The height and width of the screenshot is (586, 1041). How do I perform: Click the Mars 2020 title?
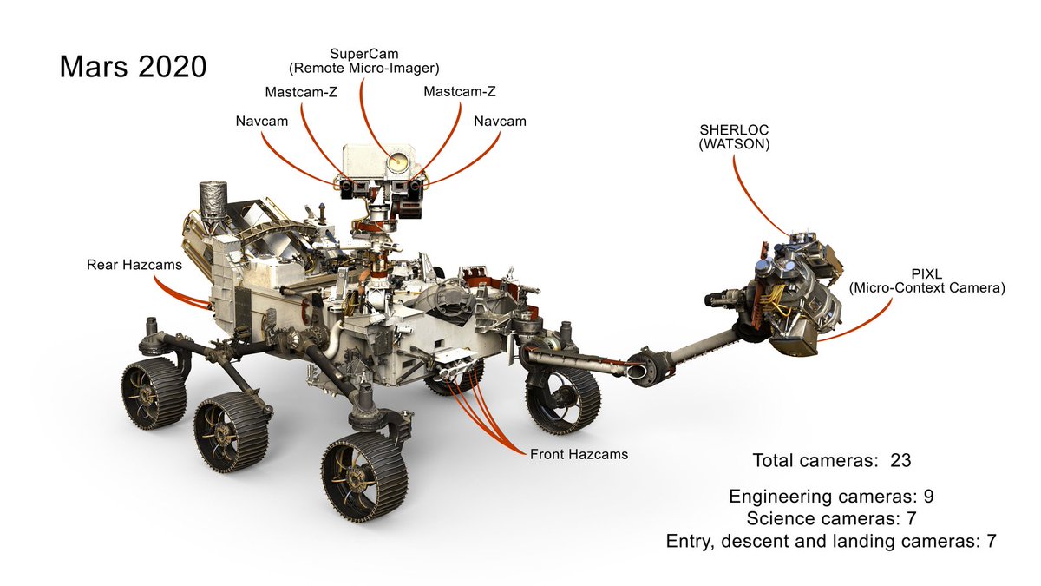click(133, 67)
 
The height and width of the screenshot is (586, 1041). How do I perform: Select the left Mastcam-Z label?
click(301, 92)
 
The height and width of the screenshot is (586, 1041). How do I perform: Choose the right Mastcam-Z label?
click(460, 92)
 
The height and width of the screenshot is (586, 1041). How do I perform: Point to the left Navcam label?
click(262, 122)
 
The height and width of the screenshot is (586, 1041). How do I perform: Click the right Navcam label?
click(500, 122)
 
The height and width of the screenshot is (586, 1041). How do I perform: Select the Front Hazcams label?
click(579, 454)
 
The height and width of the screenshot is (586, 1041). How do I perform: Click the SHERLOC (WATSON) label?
click(734, 138)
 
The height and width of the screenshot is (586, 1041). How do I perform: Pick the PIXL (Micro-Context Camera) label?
click(927, 280)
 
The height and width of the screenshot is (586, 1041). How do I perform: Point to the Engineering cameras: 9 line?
click(830, 497)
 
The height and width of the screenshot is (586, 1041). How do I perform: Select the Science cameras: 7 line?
click(831, 518)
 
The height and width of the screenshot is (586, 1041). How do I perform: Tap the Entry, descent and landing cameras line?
click(830, 541)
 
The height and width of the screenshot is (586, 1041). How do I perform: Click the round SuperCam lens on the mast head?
click(398, 161)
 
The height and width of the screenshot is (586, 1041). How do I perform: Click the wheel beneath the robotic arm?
click(562, 398)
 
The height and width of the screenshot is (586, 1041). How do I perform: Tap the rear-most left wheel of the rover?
click(153, 393)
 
